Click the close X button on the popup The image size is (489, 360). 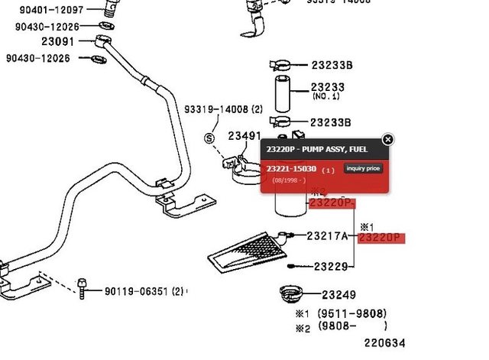(388, 139)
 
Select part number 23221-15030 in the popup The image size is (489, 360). (291, 168)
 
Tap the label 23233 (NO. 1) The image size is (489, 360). (328, 91)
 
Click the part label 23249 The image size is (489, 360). (338, 295)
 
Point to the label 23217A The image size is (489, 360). (327, 236)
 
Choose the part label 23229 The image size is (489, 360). (331, 267)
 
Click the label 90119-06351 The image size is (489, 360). (134, 290)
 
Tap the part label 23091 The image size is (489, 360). (58, 42)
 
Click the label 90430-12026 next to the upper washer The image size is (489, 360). (47, 27)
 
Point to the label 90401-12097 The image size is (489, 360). (52, 9)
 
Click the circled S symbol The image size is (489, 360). (209, 138)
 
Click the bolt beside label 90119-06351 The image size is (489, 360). (82, 287)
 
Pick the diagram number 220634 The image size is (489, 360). (384, 343)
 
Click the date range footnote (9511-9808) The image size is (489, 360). (351, 313)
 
